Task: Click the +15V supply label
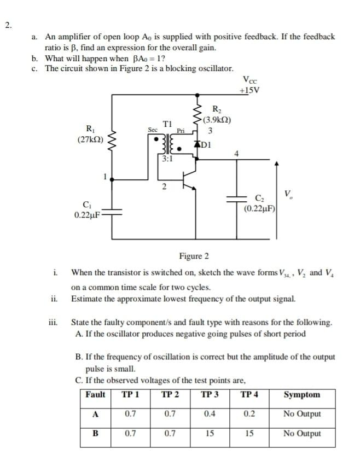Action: (251, 91)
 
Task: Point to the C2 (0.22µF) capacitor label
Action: (259, 202)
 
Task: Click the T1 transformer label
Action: (167, 124)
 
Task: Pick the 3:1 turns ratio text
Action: (167, 159)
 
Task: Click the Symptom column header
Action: (302, 395)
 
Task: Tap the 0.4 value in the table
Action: (210, 414)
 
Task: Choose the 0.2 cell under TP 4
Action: (249, 414)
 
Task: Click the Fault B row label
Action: (95, 434)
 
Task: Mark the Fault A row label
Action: (95, 414)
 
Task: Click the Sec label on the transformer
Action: (153, 130)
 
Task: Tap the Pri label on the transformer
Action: (181, 131)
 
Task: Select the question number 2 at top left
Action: (8, 25)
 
